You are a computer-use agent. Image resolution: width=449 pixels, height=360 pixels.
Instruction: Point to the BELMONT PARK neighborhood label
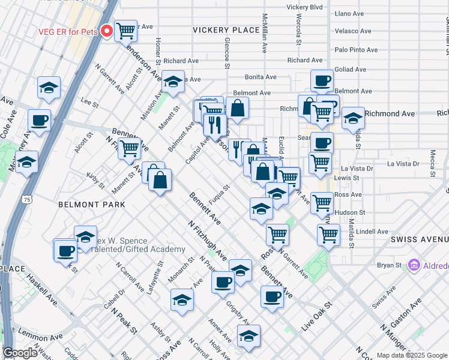(x=92, y=205)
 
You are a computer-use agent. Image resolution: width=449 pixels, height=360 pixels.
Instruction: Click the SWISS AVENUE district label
(x=419, y=239)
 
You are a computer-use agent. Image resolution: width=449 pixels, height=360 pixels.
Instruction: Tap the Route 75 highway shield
(x=26, y=199)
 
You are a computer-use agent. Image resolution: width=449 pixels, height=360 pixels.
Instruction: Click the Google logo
(x=20, y=353)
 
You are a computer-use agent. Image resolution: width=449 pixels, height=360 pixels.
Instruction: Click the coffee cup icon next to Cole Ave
(x=40, y=120)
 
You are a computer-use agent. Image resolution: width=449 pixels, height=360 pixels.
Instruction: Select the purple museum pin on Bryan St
(x=413, y=265)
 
